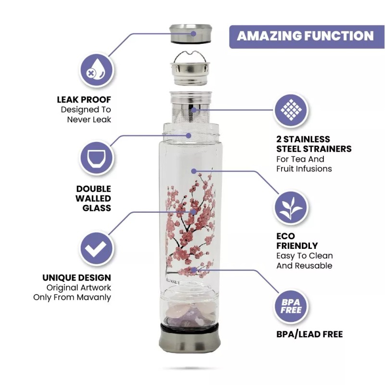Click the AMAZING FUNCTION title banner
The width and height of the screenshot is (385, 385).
305,36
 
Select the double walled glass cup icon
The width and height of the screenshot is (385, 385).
96,158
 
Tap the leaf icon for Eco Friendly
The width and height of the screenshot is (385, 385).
291,208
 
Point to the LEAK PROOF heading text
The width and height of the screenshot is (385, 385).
84,100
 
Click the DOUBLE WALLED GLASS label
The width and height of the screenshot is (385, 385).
93,198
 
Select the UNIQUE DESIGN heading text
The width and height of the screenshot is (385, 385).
77,278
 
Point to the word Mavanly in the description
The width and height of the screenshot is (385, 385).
94,297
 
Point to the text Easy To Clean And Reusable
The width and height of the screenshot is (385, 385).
304,260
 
